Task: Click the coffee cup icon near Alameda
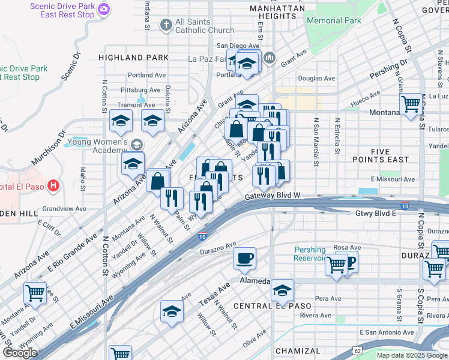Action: (244, 259)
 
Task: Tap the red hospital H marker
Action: (53, 185)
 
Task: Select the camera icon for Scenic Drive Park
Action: (104, 8)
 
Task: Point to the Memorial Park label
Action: (334, 20)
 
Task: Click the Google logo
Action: (20, 353)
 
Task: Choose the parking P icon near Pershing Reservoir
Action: (348, 262)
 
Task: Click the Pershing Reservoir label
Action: (310, 254)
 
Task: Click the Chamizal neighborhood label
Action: (298, 351)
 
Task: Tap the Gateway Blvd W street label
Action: (272, 196)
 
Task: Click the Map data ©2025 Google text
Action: (412, 355)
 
